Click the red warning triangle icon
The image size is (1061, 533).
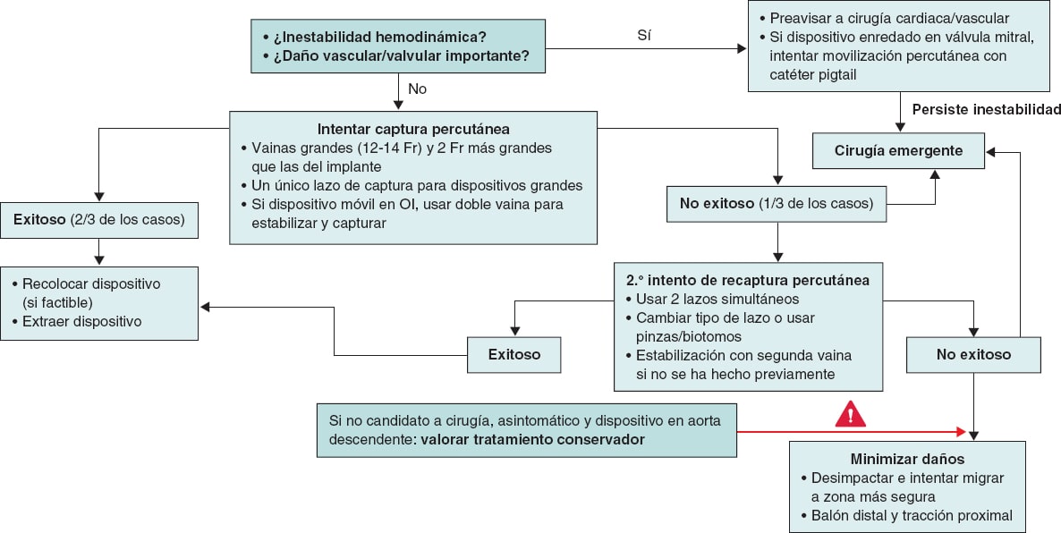click(850, 413)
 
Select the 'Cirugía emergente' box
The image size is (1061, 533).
click(898, 151)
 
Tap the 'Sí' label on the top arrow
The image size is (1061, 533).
click(643, 37)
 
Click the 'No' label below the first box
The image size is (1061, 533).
click(418, 89)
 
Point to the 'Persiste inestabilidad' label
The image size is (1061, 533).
click(986, 110)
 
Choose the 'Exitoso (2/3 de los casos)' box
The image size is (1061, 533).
click(99, 220)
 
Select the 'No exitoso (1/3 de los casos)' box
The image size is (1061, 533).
click(776, 203)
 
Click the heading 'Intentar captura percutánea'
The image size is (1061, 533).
click(413, 129)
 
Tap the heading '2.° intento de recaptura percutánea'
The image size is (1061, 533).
click(747, 280)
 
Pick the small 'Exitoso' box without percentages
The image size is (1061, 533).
click(514, 354)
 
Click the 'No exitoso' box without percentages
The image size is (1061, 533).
click(973, 354)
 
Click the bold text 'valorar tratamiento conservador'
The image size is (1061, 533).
click(533, 439)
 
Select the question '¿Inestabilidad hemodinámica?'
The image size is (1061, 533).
click(380, 37)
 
